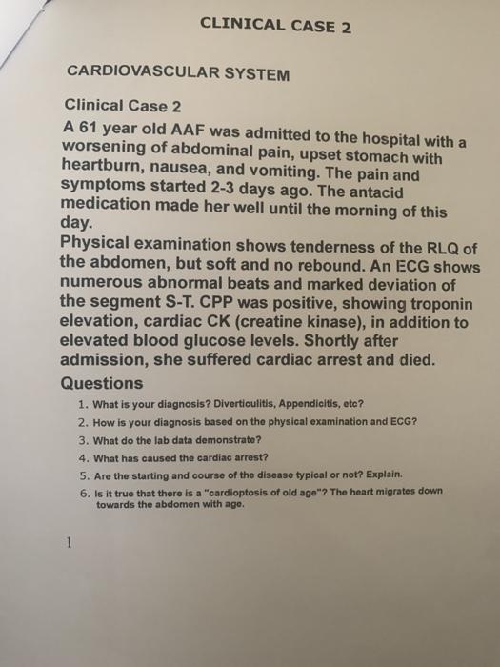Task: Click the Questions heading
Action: pyautogui.click(x=101, y=383)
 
